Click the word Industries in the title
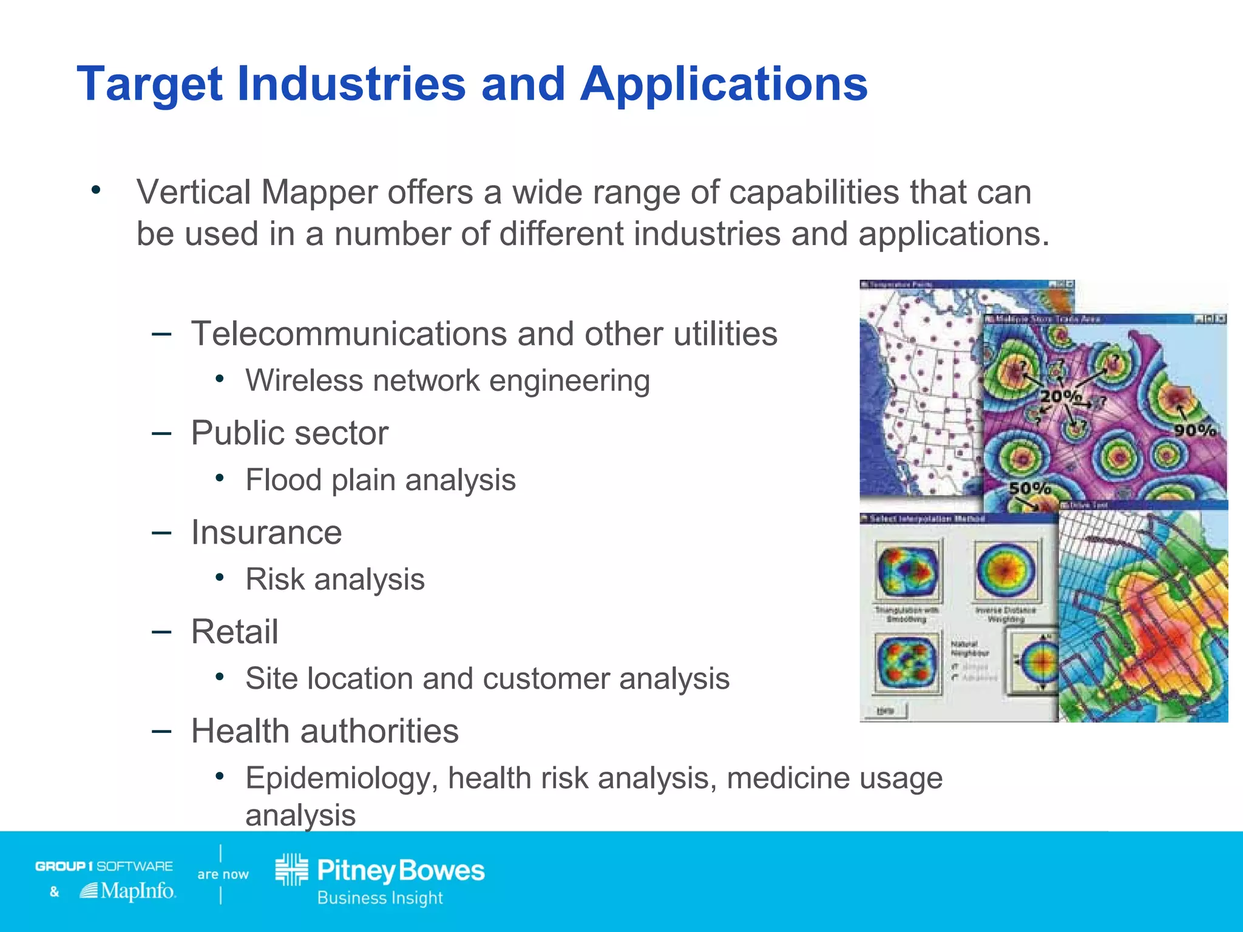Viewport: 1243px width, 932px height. click(x=351, y=84)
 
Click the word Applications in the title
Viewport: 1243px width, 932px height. click(x=723, y=84)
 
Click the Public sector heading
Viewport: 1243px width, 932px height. click(x=290, y=433)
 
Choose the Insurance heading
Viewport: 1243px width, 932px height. click(x=266, y=533)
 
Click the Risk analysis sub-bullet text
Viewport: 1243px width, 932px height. click(x=335, y=579)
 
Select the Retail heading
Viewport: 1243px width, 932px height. click(x=234, y=632)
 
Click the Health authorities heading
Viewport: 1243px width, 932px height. click(x=325, y=731)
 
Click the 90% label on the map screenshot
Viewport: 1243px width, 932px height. click(x=1194, y=430)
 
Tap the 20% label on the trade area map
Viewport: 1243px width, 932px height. click(x=1060, y=396)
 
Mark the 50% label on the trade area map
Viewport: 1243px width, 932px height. click(x=1029, y=488)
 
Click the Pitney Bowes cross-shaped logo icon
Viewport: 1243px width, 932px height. click(x=292, y=870)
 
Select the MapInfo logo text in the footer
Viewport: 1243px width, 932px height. click(x=137, y=891)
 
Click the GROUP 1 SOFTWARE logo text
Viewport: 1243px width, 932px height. click(x=104, y=866)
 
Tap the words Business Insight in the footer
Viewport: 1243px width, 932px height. click(x=380, y=897)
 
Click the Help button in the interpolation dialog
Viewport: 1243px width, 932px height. click(x=886, y=711)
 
